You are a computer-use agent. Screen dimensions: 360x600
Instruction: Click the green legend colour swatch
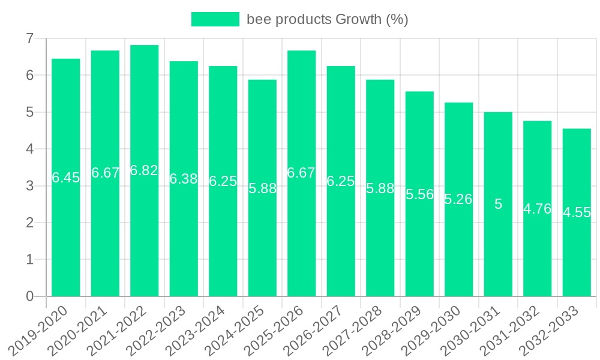point(215,19)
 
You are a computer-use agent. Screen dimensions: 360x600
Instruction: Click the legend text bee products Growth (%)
point(328,19)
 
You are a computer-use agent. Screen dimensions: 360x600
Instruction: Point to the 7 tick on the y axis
point(29,39)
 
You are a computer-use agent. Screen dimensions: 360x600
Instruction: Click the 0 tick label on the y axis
point(29,296)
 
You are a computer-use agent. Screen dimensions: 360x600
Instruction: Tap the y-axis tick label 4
point(29,149)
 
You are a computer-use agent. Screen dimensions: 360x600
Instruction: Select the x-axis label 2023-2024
point(202,329)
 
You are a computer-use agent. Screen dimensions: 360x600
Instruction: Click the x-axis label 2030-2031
point(477,329)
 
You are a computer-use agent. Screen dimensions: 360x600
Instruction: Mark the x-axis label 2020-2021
point(84,329)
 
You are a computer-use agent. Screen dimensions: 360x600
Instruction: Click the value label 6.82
point(144,170)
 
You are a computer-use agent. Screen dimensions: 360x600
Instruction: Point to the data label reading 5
point(498,204)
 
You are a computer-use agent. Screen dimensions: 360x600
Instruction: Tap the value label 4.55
point(577,212)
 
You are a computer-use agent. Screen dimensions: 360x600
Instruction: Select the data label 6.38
point(184,179)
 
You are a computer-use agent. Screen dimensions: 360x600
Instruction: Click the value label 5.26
point(458,199)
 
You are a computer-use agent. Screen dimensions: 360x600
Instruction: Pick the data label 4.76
point(537,209)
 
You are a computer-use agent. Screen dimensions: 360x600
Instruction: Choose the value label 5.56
point(419,194)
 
